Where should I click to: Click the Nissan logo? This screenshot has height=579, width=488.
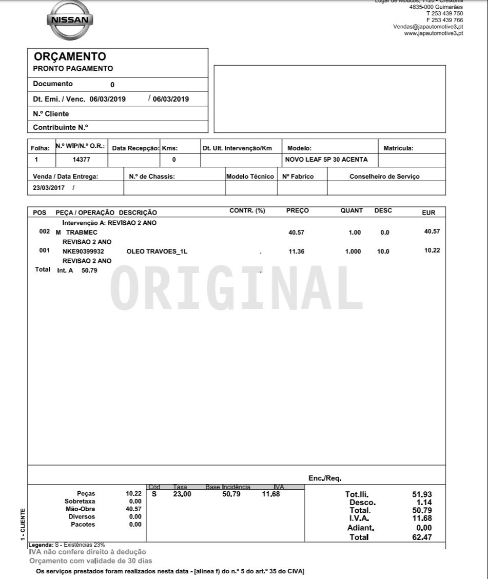pos(70,21)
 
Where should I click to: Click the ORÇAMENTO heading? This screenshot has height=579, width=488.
pos(70,57)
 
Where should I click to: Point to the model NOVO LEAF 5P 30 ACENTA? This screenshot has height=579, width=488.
pos(326,160)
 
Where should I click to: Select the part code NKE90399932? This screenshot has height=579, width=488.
pos(83,252)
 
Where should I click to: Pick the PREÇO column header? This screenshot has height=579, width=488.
pos(298,211)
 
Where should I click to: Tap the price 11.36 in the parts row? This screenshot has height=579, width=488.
pos(297,252)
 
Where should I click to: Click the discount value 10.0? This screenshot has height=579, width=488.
pos(383,252)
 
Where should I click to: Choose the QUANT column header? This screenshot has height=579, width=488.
pos(352,211)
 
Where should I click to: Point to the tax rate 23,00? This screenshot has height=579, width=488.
pos(182,494)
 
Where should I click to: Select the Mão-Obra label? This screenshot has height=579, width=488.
pos(81,509)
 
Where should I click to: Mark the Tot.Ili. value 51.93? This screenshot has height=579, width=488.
pos(422,494)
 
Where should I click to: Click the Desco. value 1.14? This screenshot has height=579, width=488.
pos(424,503)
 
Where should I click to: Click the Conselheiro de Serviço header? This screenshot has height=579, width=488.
pos(384,177)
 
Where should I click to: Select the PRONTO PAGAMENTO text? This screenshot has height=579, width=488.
pos(73,69)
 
